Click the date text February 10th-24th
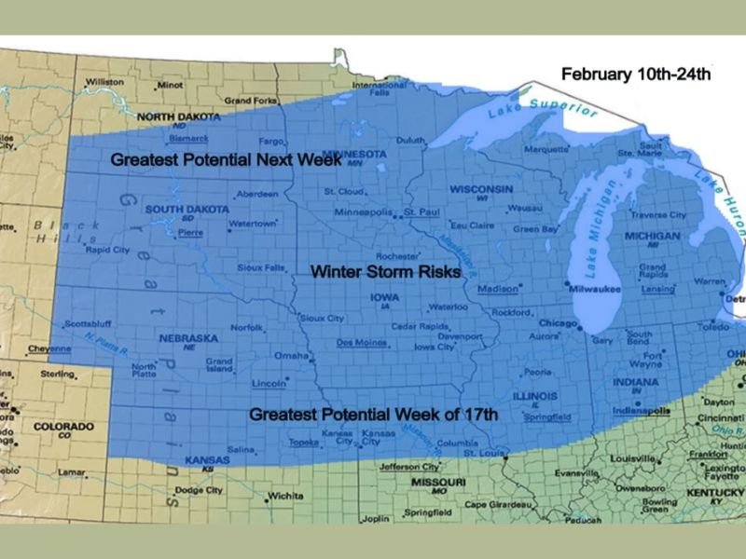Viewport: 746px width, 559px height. (635, 74)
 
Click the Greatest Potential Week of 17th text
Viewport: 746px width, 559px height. (373, 414)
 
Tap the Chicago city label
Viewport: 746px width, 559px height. (558, 323)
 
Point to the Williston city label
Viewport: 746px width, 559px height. (104, 82)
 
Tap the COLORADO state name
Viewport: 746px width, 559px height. (63, 427)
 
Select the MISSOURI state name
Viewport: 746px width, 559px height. (437, 482)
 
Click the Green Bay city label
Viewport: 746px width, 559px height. (535, 228)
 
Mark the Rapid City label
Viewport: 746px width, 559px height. (107, 250)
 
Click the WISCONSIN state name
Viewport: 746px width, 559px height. (480, 189)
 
